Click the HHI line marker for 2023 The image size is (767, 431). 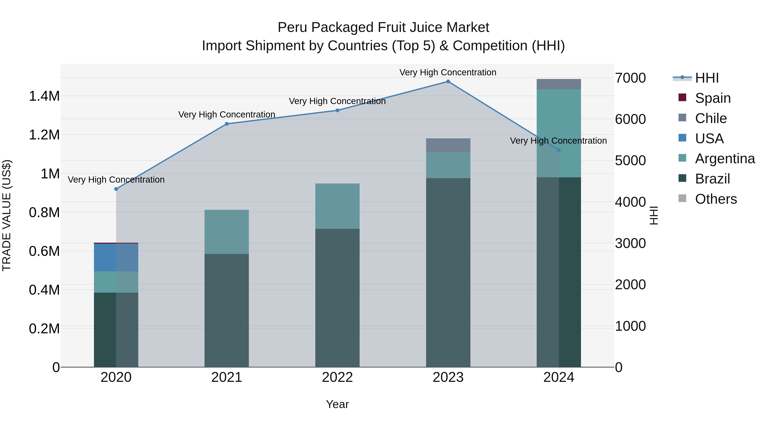(x=448, y=82)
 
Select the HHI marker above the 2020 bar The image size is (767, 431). (x=116, y=189)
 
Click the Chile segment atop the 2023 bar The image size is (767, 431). (x=448, y=145)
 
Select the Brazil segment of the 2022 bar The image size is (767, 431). (x=337, y=298)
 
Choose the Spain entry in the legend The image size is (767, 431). (x=712, y=98)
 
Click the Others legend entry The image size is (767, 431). (x=715, y=199)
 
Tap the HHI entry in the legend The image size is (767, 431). (x=706, y=78)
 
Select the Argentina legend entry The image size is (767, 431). (x=724, y=159)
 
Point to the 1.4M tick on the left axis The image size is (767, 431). (x=44, y=96)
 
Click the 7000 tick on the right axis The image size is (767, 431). (x=630, y=78)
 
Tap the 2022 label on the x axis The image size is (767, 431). (x=337, y=377)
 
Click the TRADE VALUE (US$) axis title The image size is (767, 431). (x=7, y=215)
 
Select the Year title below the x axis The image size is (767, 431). (x=337, y=404)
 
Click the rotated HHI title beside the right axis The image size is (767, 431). (x=654, y=215)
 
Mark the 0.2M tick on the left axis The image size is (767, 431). (x=44, y=329)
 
